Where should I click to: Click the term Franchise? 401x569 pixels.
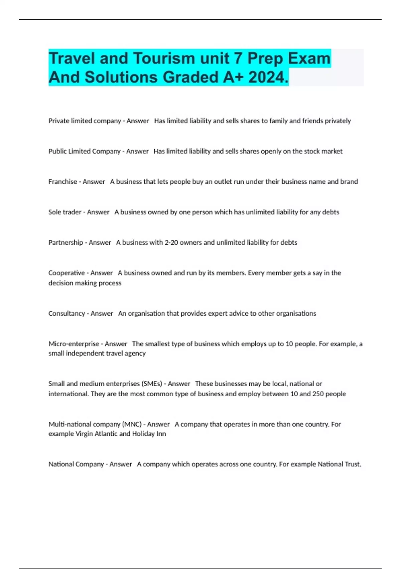click(62, 181)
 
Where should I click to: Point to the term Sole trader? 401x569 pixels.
click(65, 212)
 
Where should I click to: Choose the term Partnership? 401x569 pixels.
click(65, 242)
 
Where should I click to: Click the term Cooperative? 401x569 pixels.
click(66, 273)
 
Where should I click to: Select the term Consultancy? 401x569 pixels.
click(66, 313)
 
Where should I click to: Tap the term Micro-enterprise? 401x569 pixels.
click(74, 344)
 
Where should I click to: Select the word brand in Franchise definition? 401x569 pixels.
click(349, 181)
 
